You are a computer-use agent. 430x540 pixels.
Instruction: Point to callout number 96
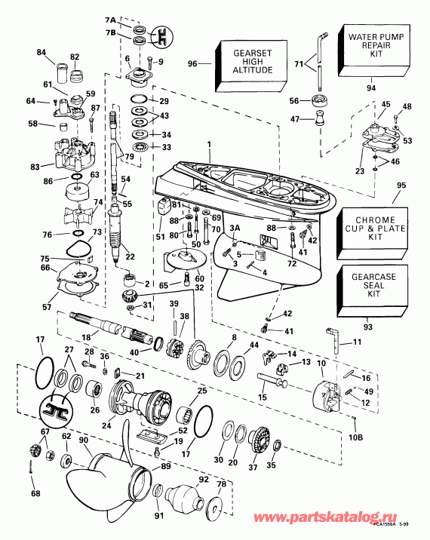(192, 64)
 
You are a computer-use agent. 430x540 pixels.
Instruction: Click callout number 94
(371, 88)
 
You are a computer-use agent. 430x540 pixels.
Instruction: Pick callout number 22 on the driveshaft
(130, 256)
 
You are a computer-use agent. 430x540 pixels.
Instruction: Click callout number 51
(160, 237)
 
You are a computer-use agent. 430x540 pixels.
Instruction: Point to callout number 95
(401, 184)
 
